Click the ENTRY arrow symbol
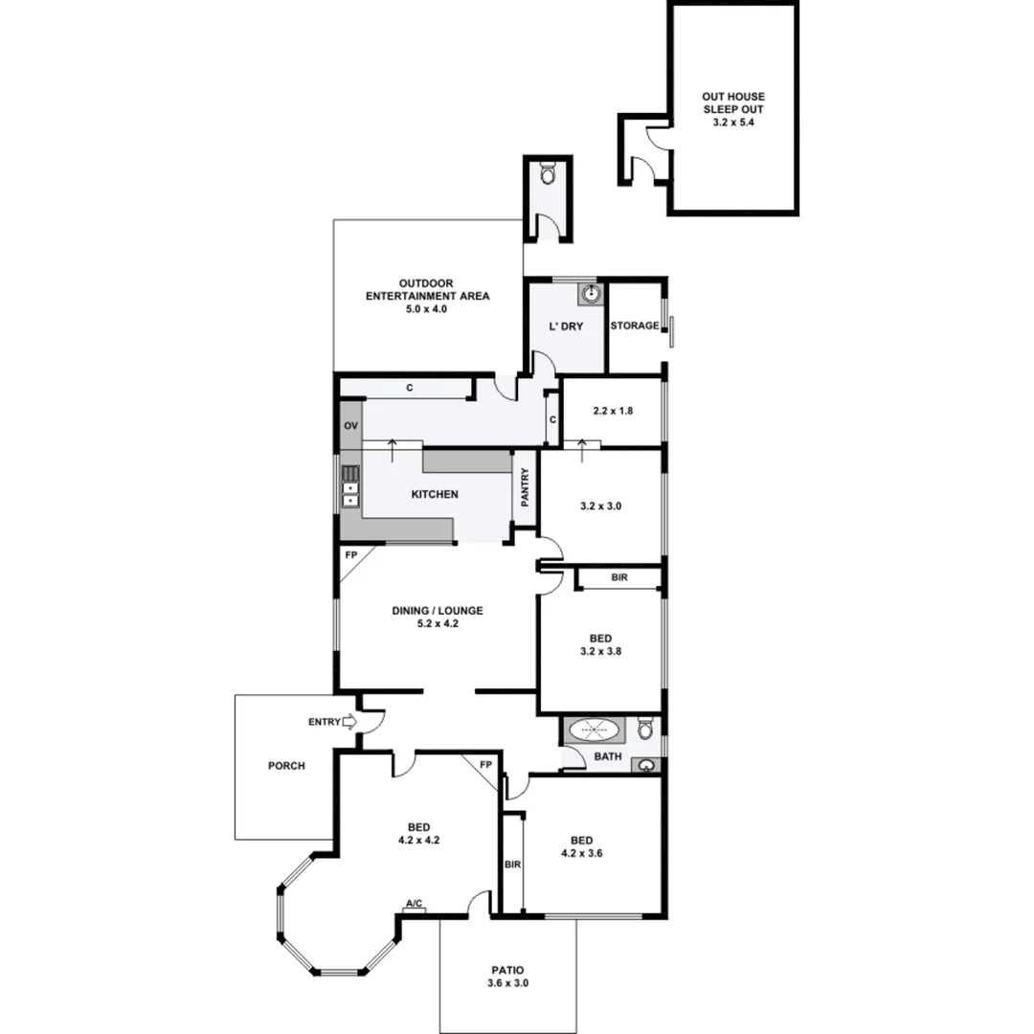click(x=348, y=722)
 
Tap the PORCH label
click(x=286, y=766)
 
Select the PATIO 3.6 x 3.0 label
click(x=507, y=976)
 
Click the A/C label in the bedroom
click(x=415, y=904)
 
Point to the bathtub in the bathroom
click(x=594, y=731)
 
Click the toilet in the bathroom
click(x=647, y=730)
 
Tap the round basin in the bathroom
click(x=648, y=765)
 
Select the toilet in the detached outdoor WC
click(x=547, y=174)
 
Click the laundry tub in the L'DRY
click(x=593, y=293)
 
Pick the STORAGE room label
click(x=635, y=326)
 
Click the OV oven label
click(x=349, y=426)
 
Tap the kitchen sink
click(x=350, y=485)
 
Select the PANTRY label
click(x=525, y=487)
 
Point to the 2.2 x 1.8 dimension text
click(x=613, y=411)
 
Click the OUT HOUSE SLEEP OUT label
click(x=733, y=109)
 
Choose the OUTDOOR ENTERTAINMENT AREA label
click(x=427, y=296)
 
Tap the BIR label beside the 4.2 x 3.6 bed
click(x=512, y=865)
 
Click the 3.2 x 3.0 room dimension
click(x=601, y=506)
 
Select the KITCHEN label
click(x=435, y=495)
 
